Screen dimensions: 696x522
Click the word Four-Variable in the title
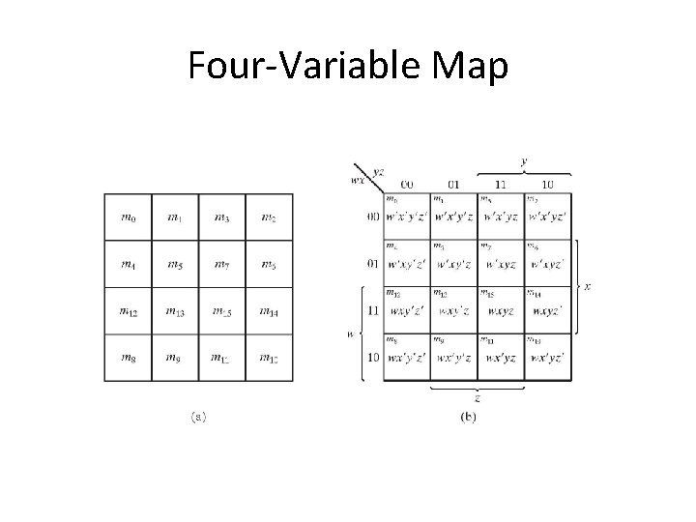point(302,67)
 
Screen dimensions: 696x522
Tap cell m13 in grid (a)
point(175,311)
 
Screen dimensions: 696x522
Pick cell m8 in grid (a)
point(129,357)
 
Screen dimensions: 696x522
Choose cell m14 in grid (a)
point(270,311)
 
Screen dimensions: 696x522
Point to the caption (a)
point(196,418)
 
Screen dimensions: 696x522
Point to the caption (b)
point(467,418)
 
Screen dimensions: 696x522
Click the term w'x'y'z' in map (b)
point(407,217)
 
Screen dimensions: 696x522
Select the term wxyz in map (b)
point(501,311)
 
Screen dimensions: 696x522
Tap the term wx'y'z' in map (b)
point(407,357)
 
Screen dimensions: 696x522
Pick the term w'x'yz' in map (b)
point(548,217)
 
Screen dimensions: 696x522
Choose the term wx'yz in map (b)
point(501,357)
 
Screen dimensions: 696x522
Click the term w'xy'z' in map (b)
point(407,264)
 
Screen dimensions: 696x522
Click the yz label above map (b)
point(379,171)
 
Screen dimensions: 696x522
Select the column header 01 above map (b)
point(454,184)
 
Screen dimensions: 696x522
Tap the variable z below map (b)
point(478,397)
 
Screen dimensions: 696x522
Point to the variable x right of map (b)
point(589,287)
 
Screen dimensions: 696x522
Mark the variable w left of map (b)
point(350,333)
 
